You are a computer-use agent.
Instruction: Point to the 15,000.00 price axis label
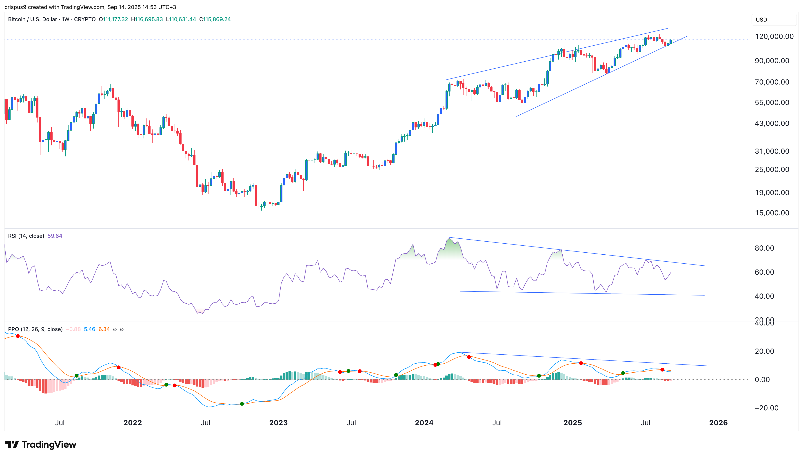tap(772, 213)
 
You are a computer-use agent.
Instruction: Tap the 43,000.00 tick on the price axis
tap(772, 123)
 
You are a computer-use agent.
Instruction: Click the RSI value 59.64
tap(55, 236)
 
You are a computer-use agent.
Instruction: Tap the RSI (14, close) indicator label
tap(26, 236)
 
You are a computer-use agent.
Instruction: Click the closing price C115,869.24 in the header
tap(215, 19)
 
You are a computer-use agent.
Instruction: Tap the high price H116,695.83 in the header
tap(147, 19)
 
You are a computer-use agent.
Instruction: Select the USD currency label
tap(761, 20)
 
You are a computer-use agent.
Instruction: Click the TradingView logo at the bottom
tap(41, 445)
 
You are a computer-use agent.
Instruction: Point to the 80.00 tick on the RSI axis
tap(764, 248)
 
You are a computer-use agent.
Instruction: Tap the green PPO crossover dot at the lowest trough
tap(242, 404)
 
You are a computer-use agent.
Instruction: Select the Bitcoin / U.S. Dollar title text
tap(32, 19)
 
